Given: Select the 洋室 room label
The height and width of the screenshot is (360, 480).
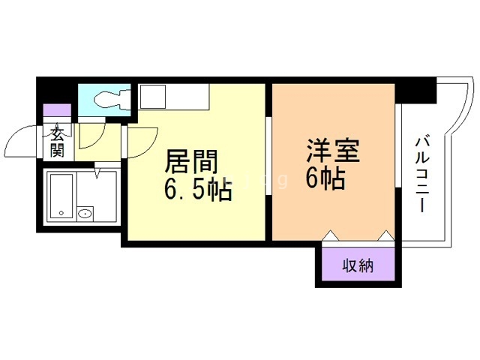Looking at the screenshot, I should tap(332, 151).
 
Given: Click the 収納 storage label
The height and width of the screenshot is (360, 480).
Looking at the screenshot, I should tap(358, 265).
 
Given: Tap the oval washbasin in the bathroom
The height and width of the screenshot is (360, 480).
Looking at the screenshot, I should tap(85, 214).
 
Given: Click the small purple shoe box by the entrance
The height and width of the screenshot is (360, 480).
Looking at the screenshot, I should tap(57, 110).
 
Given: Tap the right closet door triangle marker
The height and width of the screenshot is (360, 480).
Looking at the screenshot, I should tap(385, 237).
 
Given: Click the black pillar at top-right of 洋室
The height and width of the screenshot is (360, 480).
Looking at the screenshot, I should tap(415, 90).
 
